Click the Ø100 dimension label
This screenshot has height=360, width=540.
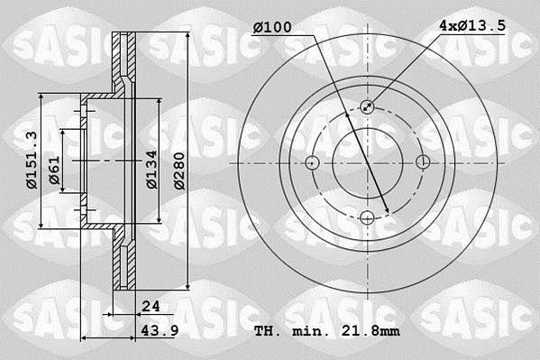[x=271, y=28]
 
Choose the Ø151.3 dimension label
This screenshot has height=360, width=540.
[x=31, y=161]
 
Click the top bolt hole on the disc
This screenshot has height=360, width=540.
[x=368, y=106]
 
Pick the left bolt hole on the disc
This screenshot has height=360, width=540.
[x=313, y=162]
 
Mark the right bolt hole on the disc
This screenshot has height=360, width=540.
[x=423, y=162]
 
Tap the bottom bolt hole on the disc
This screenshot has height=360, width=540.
[x=368, y=217]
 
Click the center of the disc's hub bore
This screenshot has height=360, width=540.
[x=368, y=162]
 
